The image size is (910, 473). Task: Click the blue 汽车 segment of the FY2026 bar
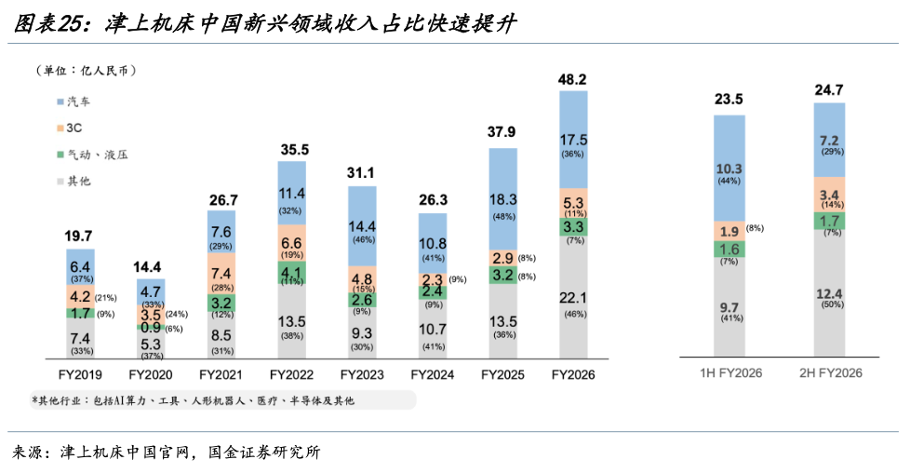pyautogui.click(x=573, y=140)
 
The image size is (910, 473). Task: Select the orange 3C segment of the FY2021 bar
pyautogui.click(x=221, y=273)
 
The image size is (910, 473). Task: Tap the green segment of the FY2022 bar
pyautogui.click(x=292, y=273)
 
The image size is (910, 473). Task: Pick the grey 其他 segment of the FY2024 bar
pyautogui.click(x=433, y=329)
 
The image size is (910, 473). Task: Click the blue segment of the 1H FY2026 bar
pyautogui.click(x=729, y=168)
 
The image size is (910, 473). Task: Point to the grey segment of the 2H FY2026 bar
pyautogui.click(x=829, y=293)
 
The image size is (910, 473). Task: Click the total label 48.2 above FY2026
pyautogui.click(x=572, y=79)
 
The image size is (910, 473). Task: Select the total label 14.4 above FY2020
pyautogui.click(x=147, y=267)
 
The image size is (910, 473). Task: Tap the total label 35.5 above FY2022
pyautogui.click(x=295, y=150)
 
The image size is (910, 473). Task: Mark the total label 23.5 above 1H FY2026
pyautogui.click(x=729, y=100)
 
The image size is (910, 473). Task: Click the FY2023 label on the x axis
pyautogui.click(x=362, y=375)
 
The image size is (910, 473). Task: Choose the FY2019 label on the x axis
pyautogui.click(x=80, y=375)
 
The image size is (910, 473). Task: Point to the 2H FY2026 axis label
pyautogui.click(x=831, y=373)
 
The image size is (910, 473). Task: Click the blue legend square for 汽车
pyautogui.click(x=60, y=101)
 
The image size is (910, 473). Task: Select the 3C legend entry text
pyautogui.click(x=74, y=128)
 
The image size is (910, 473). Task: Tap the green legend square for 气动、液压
pyautogui.click(x=60, y=155)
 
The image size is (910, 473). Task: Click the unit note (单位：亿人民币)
pyautogui.click(x=86, y=71)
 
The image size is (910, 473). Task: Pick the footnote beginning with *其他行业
pyautogui.click(x=193, y=401)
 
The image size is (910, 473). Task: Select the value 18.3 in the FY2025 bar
pyautogui.click(x=502, y=199)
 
